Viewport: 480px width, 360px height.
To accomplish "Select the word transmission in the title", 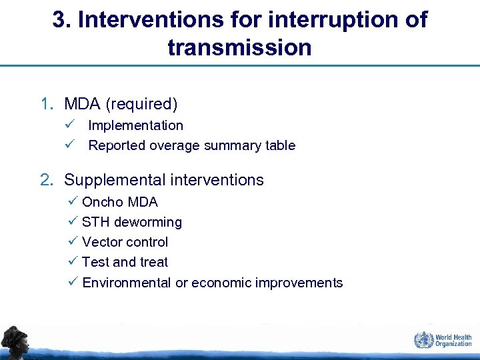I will pos(239,47).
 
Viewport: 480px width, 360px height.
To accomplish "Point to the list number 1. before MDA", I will pos(47,104).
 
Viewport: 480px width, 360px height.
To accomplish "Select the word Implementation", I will pos(135,125).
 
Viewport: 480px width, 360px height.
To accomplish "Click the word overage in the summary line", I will pos(172,145).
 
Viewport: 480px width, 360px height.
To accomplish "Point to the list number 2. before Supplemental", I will pos(47,180).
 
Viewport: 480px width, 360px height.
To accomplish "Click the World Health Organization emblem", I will pos(423,340).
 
